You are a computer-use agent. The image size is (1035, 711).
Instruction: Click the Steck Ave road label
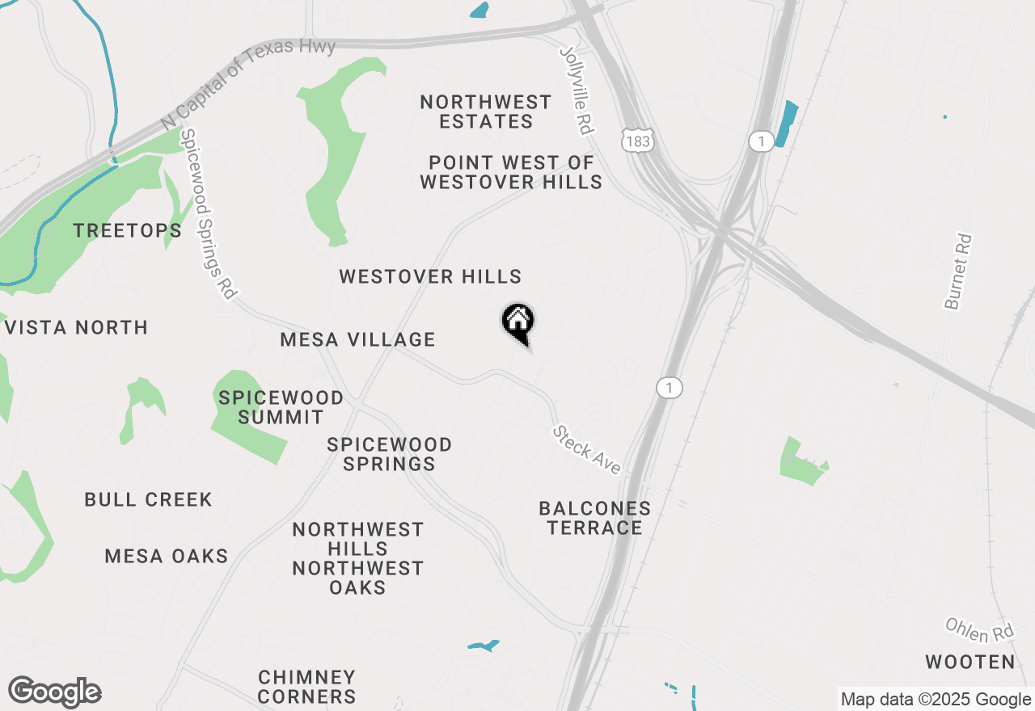pos(587,451)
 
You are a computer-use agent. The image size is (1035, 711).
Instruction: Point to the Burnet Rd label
pos(958,271)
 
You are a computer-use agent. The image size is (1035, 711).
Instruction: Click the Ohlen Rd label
pos(979,629)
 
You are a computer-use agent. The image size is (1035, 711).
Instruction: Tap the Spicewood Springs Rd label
pos(207,214)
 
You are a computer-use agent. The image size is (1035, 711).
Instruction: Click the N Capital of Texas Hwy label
pos(247,84)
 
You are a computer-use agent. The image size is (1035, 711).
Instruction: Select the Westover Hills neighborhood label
pos(430,277)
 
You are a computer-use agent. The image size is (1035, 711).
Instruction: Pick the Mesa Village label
pos(357,340)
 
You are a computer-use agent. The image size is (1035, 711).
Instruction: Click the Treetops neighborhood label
pos(128,231)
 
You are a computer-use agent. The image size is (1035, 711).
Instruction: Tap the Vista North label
pos(77,328)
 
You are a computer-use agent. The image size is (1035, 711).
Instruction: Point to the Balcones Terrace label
pos(594,518)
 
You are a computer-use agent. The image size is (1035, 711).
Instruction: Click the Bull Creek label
pos(148,500)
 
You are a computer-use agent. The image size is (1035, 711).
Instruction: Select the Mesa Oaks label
pos(167,557)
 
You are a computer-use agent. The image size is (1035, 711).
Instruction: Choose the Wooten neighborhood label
pos(970,663)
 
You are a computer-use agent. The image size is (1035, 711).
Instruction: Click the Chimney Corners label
pos(306,687)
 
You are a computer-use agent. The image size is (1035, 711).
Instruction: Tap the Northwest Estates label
pos(485,112)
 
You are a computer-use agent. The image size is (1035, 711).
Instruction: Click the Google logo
pos(54,692)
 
